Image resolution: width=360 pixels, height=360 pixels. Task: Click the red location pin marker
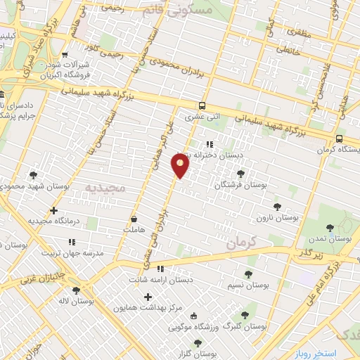[x=181, y=165]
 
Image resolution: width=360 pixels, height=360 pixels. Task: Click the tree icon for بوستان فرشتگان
[x=241, y=173]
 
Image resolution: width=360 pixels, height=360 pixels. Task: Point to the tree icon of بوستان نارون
[x=277, y=207]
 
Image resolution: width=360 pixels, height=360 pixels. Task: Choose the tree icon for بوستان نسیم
[x=247, y=274]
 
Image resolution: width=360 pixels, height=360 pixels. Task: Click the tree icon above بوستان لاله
[x=76, y=290]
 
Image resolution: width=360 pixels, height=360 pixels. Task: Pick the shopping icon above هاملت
[x=134, y=218]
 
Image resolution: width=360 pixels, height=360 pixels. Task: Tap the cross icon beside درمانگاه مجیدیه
[x=54, y=210]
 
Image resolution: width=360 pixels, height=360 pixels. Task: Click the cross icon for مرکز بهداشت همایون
[x=148, y=297]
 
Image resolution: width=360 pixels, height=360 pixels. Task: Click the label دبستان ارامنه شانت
[x=160, y=280]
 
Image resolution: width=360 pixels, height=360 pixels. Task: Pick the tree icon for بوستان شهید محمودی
[x=32, y=175]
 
